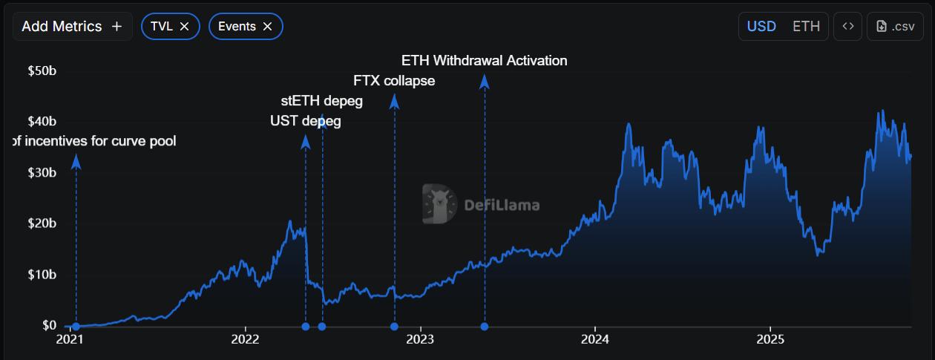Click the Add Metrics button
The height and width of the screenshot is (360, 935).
72,26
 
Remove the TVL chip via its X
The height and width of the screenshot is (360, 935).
185,26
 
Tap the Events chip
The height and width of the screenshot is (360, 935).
237,26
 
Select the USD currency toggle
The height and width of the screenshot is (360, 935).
761,26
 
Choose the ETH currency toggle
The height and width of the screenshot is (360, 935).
806,26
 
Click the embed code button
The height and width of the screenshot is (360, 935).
847,26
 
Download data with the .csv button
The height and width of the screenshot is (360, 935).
895,26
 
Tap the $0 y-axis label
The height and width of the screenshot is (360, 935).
49,326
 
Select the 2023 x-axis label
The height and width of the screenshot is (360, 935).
421,340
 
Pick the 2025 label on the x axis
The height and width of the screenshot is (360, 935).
770,340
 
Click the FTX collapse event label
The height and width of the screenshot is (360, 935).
394,81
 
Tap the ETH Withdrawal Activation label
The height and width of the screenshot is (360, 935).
484,61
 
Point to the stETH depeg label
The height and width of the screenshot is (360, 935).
321,101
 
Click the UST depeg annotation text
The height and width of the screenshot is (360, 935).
305,121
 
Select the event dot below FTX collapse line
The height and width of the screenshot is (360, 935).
394,327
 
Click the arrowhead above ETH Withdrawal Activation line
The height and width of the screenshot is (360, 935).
485,82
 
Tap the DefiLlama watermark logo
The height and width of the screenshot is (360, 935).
439,204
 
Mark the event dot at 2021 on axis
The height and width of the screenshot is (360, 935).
76,327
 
